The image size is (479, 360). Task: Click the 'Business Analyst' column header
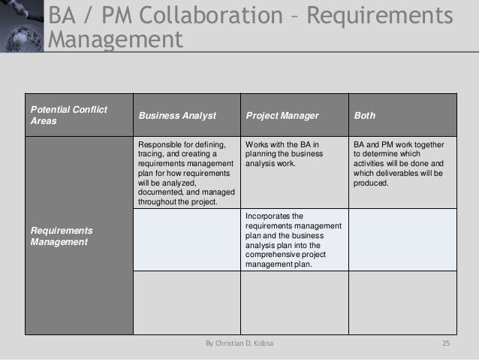tap(176, 116)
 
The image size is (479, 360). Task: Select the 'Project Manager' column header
tap(282, 116)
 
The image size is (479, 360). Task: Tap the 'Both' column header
tap(366, 116)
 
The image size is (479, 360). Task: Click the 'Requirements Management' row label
tap(58, 237)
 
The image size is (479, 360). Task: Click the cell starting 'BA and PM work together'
tap(398, 162)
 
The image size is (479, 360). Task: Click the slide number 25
tap(445, 343)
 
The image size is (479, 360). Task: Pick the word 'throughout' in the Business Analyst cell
tap(155, 201)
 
